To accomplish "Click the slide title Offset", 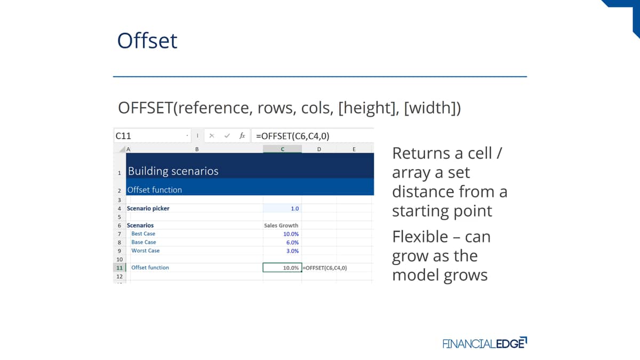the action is [147, 41].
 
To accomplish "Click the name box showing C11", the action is [153, 135].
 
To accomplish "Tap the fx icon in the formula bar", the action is [242, 135].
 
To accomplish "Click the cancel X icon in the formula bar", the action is [212, 135].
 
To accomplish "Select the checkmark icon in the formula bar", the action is [227, 135].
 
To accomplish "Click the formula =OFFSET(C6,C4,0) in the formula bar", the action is [293, 136].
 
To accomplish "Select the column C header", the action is [282, 149].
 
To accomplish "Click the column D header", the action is [319, 149].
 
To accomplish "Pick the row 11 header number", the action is [119, 268].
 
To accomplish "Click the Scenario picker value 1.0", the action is [294, 209].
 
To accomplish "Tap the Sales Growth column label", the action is [281, 226].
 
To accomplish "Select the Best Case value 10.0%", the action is [291, 234].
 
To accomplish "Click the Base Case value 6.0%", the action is [292, 243].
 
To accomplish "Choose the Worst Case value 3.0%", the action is [292, 251].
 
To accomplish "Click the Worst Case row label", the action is [146, 251].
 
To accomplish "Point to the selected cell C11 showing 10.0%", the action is [282, 268].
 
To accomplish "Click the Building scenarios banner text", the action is [173, 171].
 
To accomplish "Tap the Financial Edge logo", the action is [485, 343].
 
